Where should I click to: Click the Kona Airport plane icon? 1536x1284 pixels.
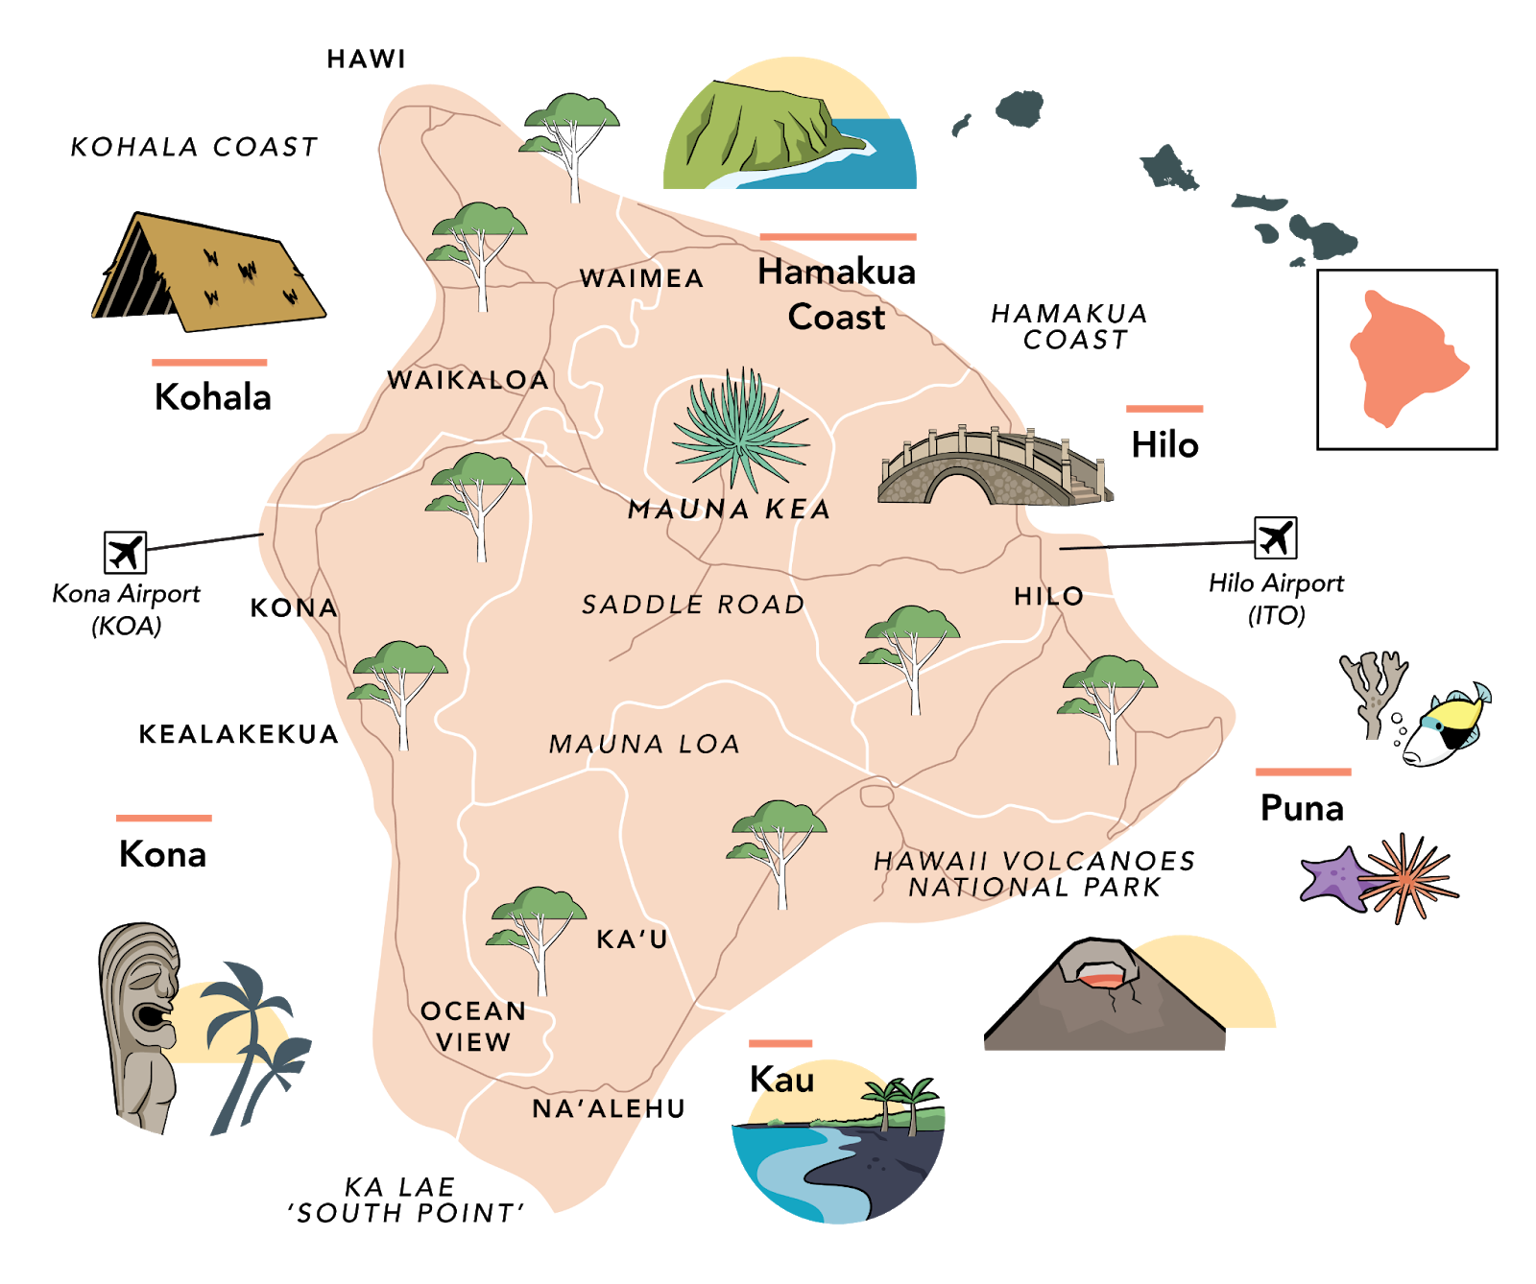point(125,553)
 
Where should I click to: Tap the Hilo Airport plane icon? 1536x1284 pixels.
point(1275,537)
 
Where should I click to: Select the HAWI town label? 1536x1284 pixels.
point(367,59)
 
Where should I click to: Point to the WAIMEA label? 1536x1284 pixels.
point(642,278)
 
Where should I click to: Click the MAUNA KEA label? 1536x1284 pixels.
point(729,510)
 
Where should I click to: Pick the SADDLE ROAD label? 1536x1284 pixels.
point(693,605)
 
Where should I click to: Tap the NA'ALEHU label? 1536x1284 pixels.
point(610,1109)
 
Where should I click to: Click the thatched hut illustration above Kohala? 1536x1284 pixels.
point(209,274)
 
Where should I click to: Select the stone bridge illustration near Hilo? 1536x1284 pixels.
point(994,468)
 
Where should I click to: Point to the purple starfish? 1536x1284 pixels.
point(1332,879)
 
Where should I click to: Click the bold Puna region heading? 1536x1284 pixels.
point(1302,808)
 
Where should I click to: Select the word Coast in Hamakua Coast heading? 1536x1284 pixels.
point(836,318)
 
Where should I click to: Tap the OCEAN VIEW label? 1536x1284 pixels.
point(473,1026)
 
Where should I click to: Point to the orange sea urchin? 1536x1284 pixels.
point(1407,877)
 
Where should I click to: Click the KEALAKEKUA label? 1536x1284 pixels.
point(239,735)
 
